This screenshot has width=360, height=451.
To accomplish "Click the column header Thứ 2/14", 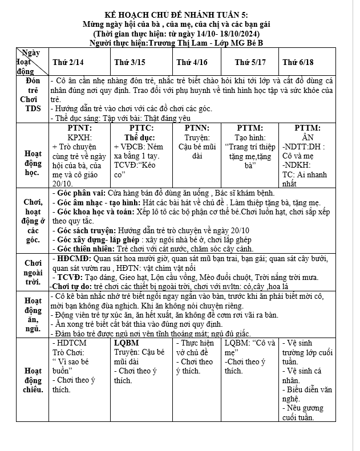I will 68,62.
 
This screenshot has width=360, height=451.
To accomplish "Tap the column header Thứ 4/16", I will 192,62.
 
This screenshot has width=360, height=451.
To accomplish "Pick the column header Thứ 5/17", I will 250,62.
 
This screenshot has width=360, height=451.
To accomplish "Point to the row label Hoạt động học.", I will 32,162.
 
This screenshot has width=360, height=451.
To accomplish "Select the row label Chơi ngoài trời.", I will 32,272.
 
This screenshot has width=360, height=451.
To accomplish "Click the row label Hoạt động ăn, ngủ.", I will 33,315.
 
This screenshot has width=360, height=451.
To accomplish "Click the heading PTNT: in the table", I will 80,128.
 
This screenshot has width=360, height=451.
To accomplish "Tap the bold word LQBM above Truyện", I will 127,343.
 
